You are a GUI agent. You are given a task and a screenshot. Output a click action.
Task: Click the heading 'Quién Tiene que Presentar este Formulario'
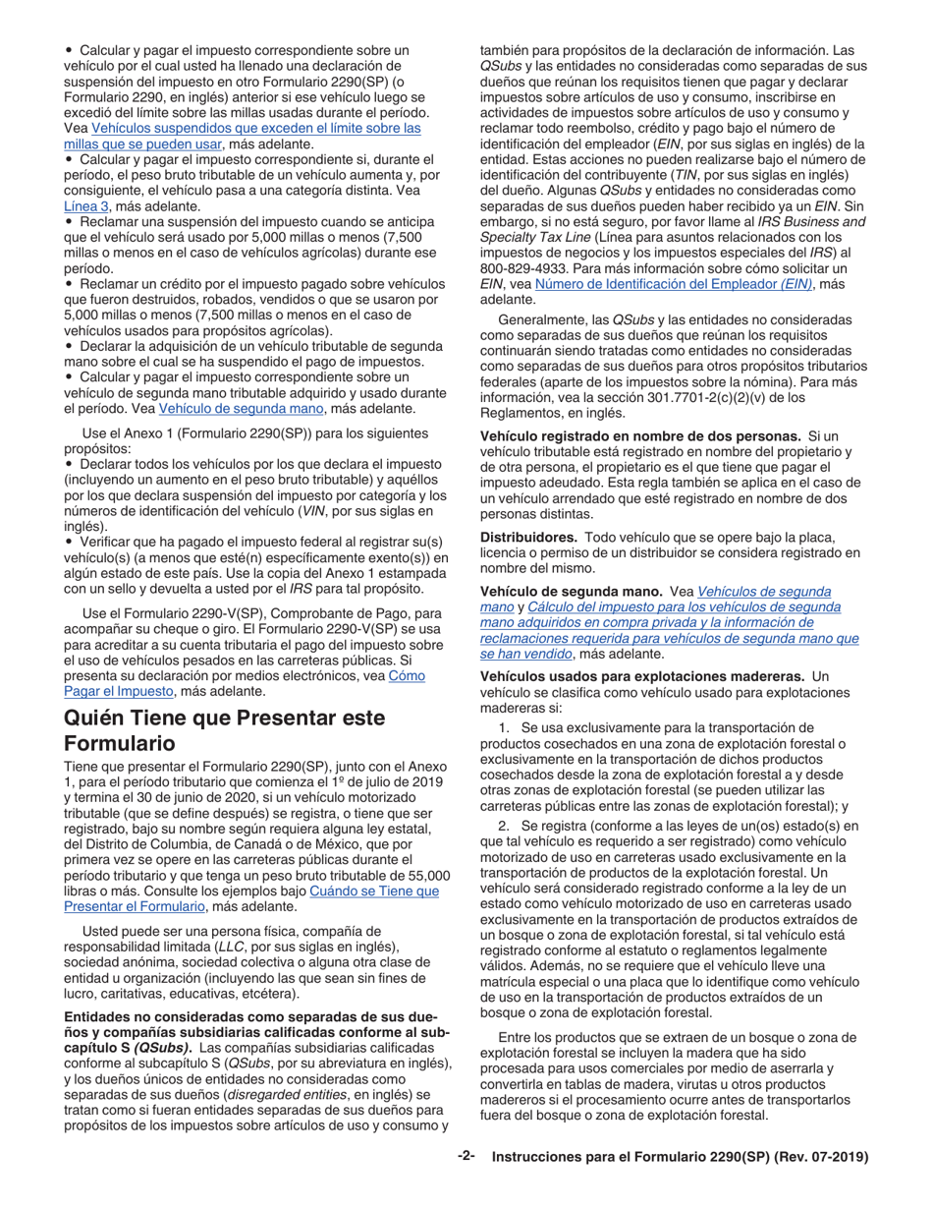point(224,730)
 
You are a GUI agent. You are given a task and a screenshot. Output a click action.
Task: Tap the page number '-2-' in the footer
point(466,1157)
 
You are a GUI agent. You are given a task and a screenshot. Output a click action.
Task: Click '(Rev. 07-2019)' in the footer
point(823,1158)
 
